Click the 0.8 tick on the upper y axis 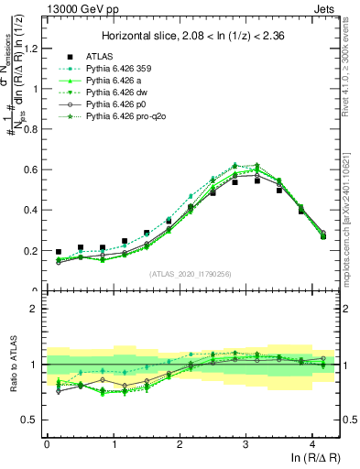click(32, 129)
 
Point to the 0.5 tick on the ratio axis click(32, 420)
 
